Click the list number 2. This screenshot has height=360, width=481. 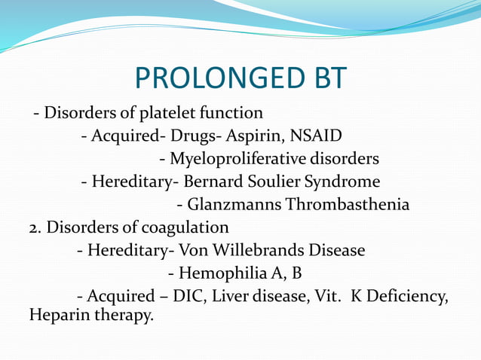pyautogui.click(x=34, y=227)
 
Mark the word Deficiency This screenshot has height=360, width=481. pyautogui.click(x=406, y=296)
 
